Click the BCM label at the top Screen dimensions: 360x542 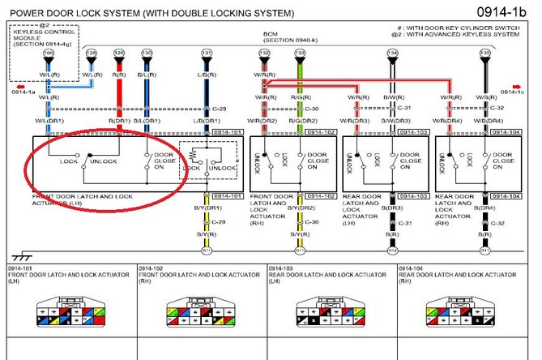[271, 35]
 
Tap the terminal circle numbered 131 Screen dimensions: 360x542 [207, 54]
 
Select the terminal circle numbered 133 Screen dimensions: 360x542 [300, 54]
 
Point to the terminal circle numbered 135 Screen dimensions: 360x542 [484, 54]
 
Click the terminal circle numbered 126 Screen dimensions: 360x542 [49, 54]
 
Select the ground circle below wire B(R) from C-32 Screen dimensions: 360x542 [484, 251]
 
